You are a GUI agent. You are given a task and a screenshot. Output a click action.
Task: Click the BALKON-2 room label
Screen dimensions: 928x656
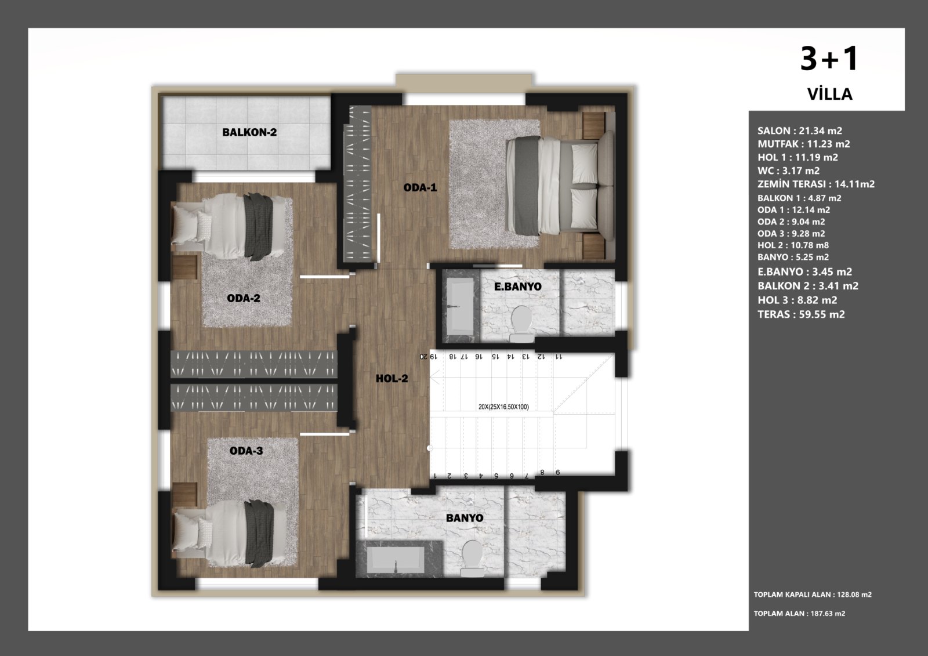(x=249, y=132)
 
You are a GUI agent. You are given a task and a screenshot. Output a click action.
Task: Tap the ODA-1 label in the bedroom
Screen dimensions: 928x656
(x=420, y=188)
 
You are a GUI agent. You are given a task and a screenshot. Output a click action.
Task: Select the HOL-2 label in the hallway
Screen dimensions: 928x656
(x=392, y=378)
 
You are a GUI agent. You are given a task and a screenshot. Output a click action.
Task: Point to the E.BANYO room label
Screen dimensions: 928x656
(x=518, y=287)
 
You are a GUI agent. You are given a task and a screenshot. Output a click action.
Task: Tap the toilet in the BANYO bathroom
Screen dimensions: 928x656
(x=472, y=558)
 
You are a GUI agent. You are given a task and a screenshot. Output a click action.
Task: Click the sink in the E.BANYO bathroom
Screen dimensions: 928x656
(x=461, y=305)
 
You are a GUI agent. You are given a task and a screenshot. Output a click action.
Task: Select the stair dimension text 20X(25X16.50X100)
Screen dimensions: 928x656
(x=503, y=407)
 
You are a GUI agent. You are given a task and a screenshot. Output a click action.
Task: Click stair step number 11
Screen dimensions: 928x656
(x=559, y=356)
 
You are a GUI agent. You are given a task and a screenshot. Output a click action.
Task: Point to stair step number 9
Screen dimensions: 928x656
(x=557, y=472)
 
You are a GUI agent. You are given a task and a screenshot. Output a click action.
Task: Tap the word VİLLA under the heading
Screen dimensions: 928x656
(x=830, y=94)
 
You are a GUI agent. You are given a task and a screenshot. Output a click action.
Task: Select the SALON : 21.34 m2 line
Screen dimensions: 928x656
(x=800, y=131)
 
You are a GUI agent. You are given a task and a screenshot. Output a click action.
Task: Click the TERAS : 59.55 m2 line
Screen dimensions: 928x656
(x=801, y=314)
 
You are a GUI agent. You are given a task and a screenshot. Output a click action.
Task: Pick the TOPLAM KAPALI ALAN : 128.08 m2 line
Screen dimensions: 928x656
(x=813, y=595)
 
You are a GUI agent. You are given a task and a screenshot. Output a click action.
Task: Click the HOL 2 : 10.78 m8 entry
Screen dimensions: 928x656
(x=793, y=245)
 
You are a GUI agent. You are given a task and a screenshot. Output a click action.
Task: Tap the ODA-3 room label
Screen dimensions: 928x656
(x=246, y=451)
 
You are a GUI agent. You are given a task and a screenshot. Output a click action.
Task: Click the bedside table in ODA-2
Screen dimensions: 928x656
(x=184, y=267)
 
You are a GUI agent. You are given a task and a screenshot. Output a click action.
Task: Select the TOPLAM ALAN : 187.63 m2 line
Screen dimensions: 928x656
(x=799, y=613)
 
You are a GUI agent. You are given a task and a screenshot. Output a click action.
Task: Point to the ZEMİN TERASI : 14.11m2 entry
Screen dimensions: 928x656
(x=816, y=184)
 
